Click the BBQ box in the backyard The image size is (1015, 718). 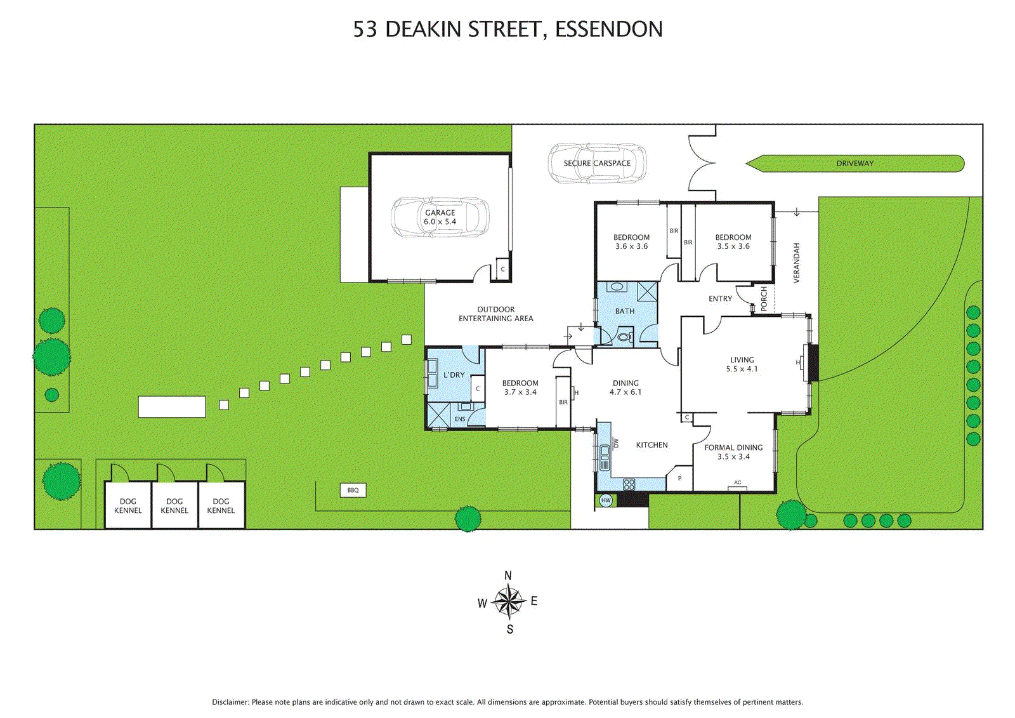(353, 490)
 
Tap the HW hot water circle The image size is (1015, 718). (606, 501)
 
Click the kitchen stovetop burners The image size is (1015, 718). (629, 484)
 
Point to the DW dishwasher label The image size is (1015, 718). (616, 443)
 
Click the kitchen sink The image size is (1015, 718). (605, 458)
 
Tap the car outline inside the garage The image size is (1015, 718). (440, 217)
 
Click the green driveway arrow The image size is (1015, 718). (855, 163)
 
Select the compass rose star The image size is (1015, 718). (508, 602)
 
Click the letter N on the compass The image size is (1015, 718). (508, 576)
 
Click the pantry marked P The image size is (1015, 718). (679, 477)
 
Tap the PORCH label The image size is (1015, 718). (764, 298)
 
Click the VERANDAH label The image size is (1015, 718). (797, 263)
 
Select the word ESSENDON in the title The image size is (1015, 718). (608, 29)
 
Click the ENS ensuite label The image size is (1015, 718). (460, 419)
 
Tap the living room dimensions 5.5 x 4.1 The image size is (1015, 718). (742, 369)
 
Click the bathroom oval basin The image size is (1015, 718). (617, 287)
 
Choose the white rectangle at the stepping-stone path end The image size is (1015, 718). (172, 407)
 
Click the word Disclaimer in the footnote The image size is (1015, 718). (230, 702)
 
